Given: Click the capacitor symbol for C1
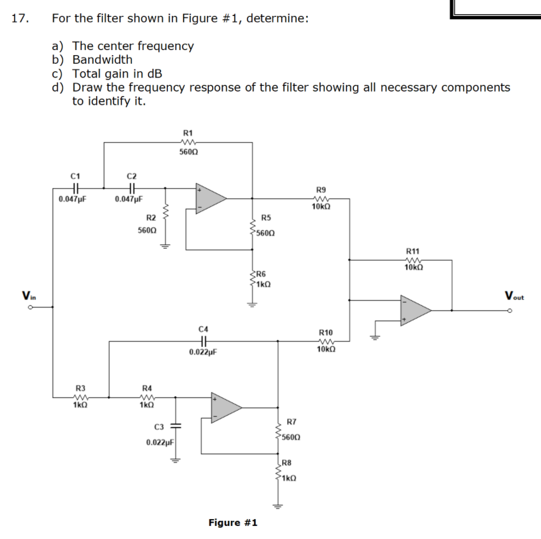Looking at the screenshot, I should (x=76, y=188).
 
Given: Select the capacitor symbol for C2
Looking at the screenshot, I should (x=131, y=188).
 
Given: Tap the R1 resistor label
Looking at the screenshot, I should (x=187, y=132).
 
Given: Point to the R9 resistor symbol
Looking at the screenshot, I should (x=321, y=198).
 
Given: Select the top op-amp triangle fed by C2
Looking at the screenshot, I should (x=211, y=198).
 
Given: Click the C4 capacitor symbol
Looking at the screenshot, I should (x=204, y=341).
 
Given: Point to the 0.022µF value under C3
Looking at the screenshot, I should (x=160, y=442).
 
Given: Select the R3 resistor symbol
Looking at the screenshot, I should (x=80, y=397).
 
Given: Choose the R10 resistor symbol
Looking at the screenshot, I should (x=325, y=341).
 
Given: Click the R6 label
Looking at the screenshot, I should (x=262, y=274).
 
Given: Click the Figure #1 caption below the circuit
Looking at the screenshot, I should (x=233, y=523).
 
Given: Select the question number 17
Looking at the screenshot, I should (x=19, y=18).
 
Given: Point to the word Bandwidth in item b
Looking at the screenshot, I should (x=102, y=60).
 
